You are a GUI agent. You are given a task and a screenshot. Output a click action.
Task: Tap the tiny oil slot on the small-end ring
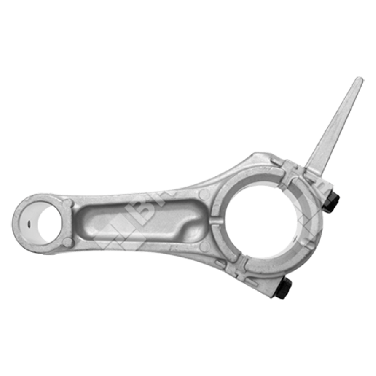(29, 222)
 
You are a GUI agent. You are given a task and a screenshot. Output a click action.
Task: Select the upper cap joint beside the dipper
(285, 167)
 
